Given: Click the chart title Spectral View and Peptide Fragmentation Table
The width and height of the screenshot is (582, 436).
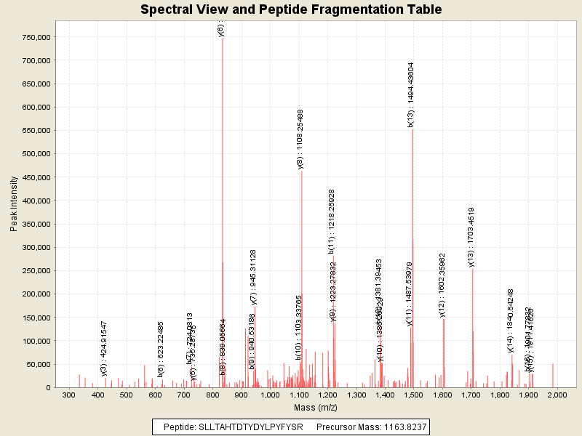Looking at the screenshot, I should tap(291, 10).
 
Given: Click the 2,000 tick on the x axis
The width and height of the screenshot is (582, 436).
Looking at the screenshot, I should tap(557, 395).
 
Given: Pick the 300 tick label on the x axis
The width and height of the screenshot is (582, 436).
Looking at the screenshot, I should tap(69, 395).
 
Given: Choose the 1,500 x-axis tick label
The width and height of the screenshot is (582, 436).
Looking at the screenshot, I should tap(413, 395).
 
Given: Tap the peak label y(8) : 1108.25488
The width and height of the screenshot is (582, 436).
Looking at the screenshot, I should tap(300, 139).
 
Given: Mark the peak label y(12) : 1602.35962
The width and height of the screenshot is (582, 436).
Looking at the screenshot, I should tap(442, 285).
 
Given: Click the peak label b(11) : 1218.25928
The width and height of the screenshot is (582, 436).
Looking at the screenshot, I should tap(332, 220).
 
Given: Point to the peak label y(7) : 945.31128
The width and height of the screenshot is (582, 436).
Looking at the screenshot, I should tap(253, 276).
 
